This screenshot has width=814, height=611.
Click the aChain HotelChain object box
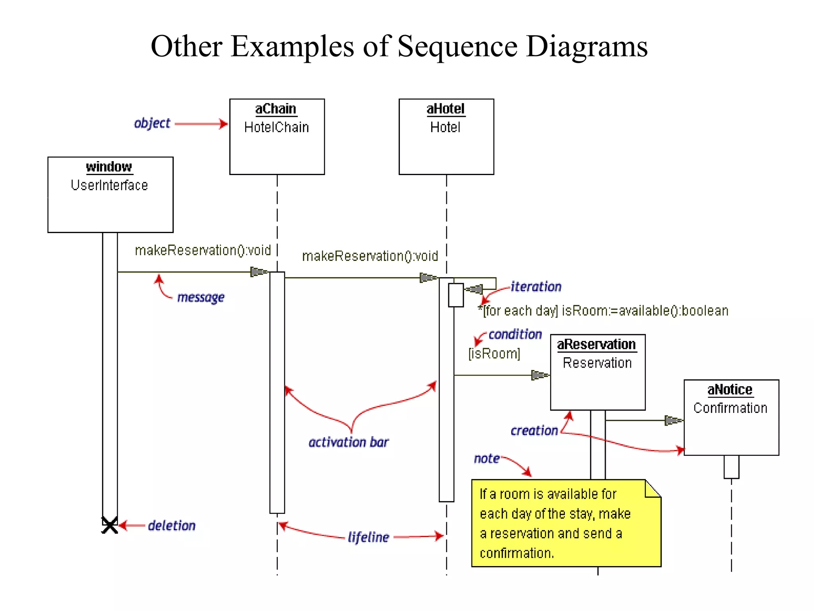click(x=277, y=136)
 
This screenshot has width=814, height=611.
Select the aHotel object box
click(x=446, y=136)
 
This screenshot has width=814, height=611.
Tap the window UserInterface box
click(x=110, y=195)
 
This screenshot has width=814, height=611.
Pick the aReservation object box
click(x=597, y=372)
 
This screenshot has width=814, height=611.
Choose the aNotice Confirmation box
click(x=731, y=417)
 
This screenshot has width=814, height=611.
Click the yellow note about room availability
click(x=566, y=523)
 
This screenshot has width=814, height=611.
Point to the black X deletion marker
click(x=110, y=525)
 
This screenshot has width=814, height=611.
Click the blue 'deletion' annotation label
click(x=172, y=525)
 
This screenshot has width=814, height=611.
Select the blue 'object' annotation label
click(x=152, y=123)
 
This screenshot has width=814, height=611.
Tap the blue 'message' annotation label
click(x=201, y=297)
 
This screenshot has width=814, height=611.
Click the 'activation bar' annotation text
click(x=349, y=442)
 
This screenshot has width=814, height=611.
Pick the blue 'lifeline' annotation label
click(x=368, y=537)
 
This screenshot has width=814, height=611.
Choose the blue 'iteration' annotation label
click(x=536, y=287)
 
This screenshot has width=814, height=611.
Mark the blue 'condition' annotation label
click(x=515, y=335)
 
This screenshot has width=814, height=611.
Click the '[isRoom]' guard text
click(x=494, y=353)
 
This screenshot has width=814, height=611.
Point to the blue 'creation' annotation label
click(x=534, y=430)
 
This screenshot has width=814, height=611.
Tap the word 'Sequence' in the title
click(x=457, y=47)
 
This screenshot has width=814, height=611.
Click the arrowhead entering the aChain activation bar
click(x=259, y=272)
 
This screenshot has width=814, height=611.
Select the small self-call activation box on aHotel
click(x=456, y=295)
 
